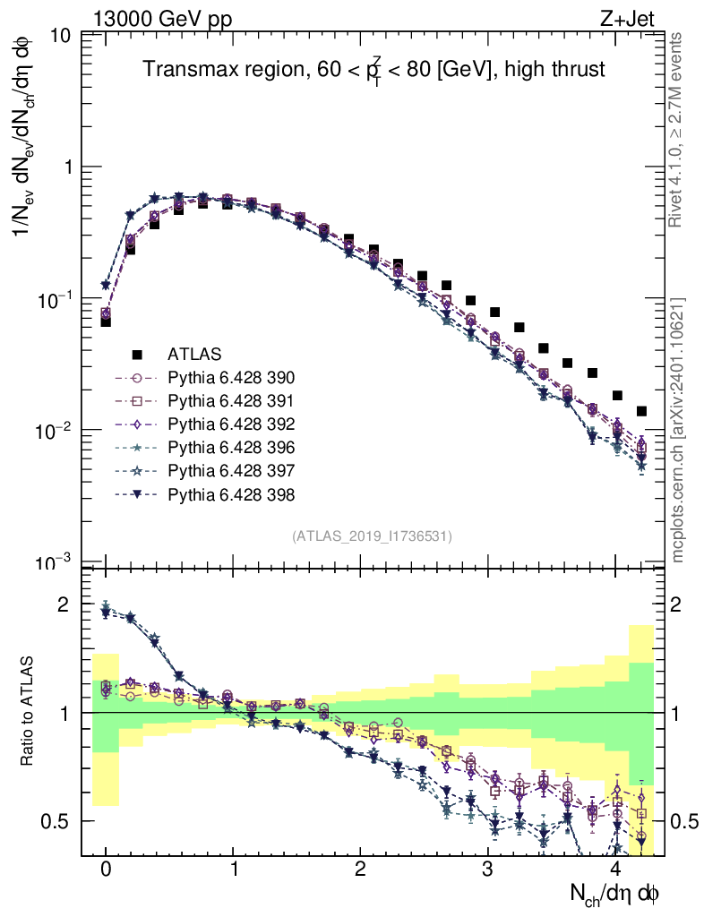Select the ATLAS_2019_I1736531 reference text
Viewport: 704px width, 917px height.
[x=372, y=536]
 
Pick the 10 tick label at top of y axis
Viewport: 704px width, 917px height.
[x=62, y=36]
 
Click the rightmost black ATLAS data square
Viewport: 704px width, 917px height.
[x=641, y=411]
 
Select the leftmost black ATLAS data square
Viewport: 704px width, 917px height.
[x=106, y=321]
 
